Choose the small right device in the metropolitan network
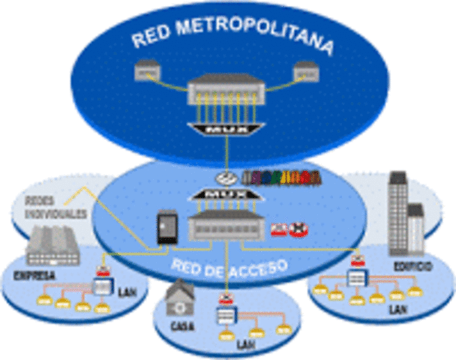click(x=307, y=73)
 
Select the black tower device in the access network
click(x=165, y=229)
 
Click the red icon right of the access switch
click(x=289, y=229)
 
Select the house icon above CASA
click(x=181, y=299)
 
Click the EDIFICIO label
click(x=412, y=266)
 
